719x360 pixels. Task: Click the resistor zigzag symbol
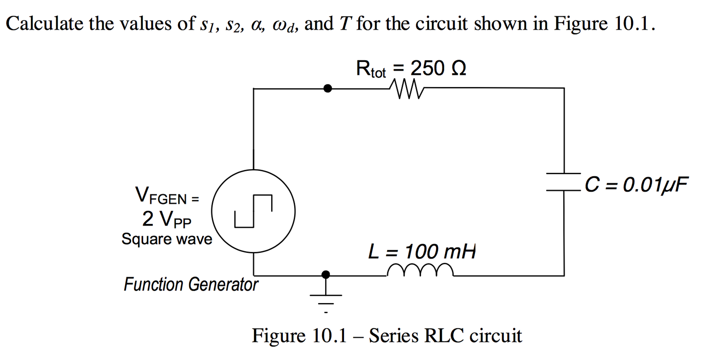point(407,89)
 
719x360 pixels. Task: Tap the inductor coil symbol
point(420,270)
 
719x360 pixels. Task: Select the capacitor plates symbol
point(563,182)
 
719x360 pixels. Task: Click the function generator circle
point(253,211)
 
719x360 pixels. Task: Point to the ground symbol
point(326,299)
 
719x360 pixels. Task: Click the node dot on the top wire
point(328,88)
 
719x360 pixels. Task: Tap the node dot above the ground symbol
point(326,275)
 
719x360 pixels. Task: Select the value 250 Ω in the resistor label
point(438,68)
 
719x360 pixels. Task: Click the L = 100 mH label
point(422,252)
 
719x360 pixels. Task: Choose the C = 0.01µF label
point(636,185)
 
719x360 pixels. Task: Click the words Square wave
point(167,239)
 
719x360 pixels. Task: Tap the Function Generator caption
point(191,284)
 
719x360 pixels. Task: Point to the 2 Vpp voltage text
point(167,219)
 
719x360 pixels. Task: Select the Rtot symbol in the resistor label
point(371,69)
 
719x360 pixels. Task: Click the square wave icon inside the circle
point(253,211)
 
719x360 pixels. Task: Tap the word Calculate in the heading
point(45,24)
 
